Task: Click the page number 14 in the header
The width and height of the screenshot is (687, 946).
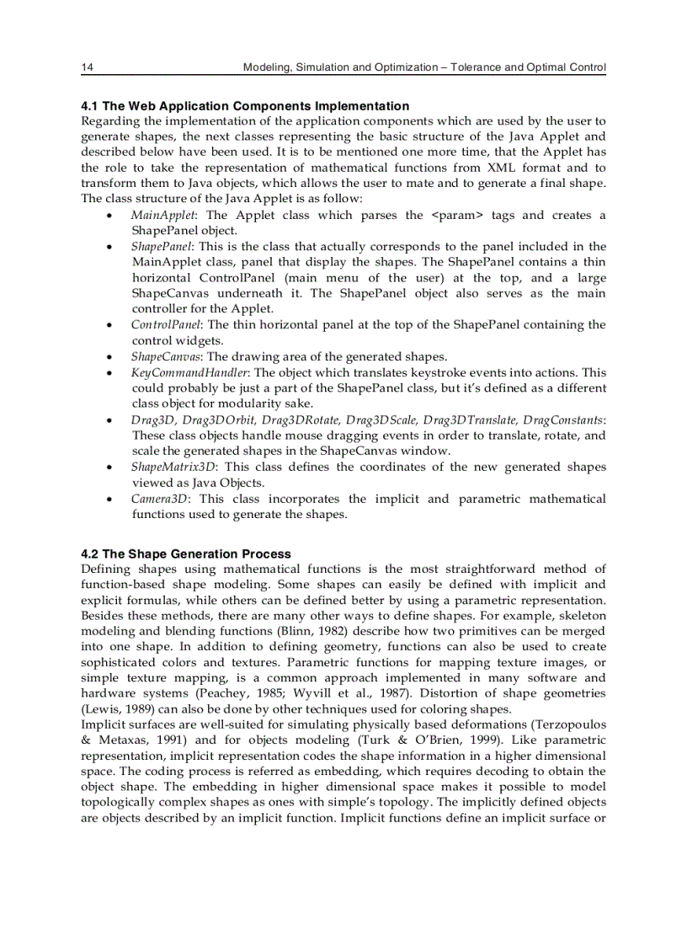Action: click(87, 67)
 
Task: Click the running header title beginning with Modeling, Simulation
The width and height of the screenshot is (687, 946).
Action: click(423, 67)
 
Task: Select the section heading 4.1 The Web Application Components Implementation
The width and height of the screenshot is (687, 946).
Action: click(245, 106)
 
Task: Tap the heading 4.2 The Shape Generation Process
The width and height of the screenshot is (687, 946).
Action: click(186, 554)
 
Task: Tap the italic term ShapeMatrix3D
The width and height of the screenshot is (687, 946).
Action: click(173, 467)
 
